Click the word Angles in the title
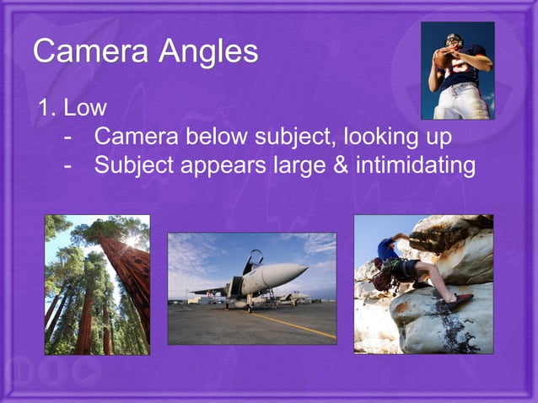click(x=206, y=53)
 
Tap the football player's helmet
click(x=454, y=40)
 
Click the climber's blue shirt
click(x=389, y=250)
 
